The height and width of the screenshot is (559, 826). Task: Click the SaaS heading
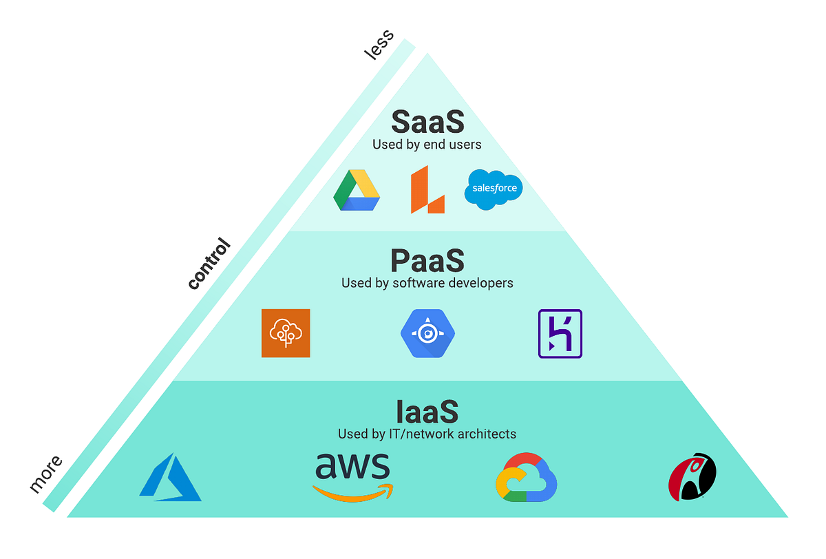pos(427,123)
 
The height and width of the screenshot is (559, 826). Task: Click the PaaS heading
pos(427,261)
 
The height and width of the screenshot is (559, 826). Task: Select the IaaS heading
pos(427,412)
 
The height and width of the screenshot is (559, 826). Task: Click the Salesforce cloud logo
pos(494,188)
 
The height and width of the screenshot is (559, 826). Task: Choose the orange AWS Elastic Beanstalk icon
pos(286,333)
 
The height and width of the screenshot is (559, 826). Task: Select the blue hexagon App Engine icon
pos(427,333)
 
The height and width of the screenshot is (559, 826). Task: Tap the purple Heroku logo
pos(560,333)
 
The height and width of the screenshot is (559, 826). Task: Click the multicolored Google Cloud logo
pos(526,477)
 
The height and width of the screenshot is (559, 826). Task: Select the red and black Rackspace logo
pos(692,477)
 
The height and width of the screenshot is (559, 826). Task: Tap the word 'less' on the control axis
pos(379,45)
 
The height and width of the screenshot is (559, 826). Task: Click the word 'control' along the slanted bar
pos(209,263)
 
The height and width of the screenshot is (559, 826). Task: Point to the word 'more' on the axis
pos(46,474)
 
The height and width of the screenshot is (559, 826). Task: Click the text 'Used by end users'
pos(427,145)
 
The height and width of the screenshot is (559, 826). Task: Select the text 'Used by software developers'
pos(427,283)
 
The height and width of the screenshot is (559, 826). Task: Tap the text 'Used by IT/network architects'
pos(427,434)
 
